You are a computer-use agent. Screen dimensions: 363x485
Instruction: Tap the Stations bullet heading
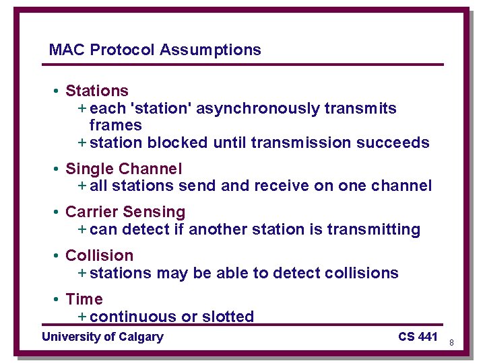point(96,91)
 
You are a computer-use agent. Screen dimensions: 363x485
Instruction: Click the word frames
point(115,125)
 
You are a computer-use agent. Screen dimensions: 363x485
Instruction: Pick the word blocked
point(178,143)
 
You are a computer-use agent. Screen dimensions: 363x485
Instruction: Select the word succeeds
point(395,143)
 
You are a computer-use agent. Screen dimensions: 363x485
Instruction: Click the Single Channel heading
point(123,169)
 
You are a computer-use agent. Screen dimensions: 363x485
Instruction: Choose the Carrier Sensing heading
point(125,212)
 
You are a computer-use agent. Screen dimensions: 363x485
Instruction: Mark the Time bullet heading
point(84,299)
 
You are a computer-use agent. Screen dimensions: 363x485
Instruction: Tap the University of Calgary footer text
point(102,337)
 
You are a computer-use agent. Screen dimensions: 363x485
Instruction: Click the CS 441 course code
point(418,337)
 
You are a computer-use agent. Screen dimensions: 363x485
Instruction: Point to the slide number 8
point(451,342)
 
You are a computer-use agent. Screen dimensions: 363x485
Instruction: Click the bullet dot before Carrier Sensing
point(58,212)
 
